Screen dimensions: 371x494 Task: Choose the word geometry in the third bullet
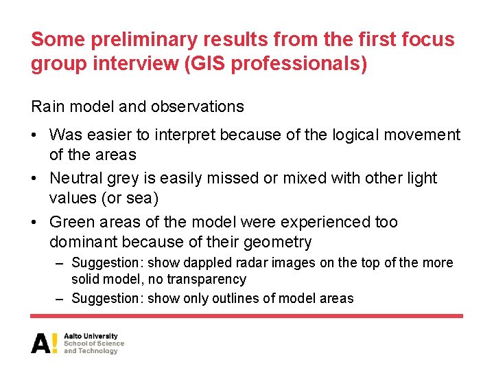(280, 242)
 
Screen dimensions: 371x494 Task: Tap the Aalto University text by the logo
(91, 336)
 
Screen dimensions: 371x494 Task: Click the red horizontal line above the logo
(246, 316)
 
